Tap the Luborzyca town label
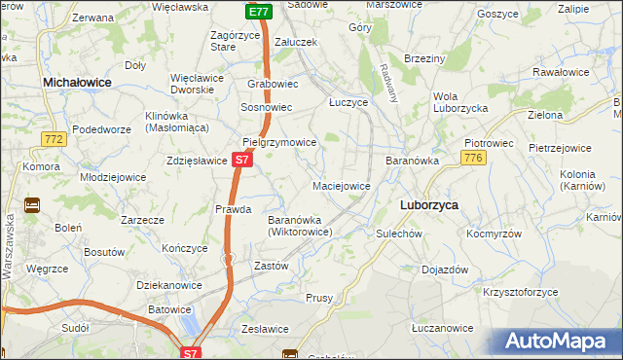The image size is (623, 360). pyautogui.click(x=429, y=206)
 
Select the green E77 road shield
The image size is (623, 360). pyautogui.click(x=258, y=12)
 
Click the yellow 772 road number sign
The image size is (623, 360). pyautogui.click(x=55, y=142)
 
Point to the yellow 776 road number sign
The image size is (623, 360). pyautogui.click(x=474, y=159)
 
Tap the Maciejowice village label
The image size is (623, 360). pyautogui.click(x=341, y=185)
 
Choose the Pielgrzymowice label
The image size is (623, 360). pyautogui.click(x=279, y=142)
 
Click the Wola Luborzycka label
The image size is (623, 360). pyautogui.click(x=459, y=102)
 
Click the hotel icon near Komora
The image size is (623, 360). pyautogui.click(x=31, y=205)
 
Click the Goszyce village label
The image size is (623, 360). pyautogui.click(x=497, y=14)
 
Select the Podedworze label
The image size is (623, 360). pyautogui.click(x=101, y=129)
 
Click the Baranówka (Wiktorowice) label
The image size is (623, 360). pyautogui.click(x=301, y=226)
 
